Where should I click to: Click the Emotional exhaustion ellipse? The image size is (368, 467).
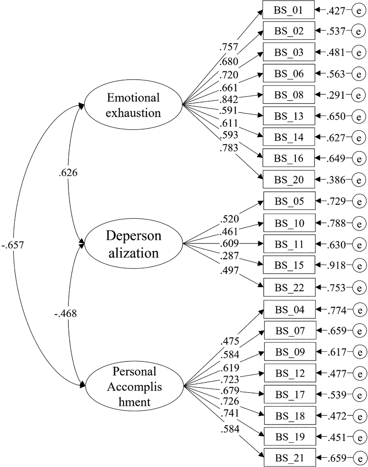pyautogui.click(x=133, y=105)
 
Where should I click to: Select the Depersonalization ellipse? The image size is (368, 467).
pyautogui.click(x=133, y=244)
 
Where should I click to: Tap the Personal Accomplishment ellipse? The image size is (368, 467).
pyautogui.click(x=134, y=386)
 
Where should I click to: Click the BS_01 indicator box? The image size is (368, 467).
pyautogui.click(x=288, y=10)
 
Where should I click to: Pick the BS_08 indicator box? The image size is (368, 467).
pyautogui.click(x=289, y=95)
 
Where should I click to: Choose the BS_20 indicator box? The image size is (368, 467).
pyautogui.click(x=289, y=180)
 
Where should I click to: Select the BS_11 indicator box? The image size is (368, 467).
pyautogui.click(x=289, y=244)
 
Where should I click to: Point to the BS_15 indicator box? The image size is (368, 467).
pyautogui.click(x=289, y=265)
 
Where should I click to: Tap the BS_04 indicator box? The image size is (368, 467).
pyautogui.click(x=289, y=310)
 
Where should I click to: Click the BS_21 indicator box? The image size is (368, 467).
pyautogui.click(x=290, y=458)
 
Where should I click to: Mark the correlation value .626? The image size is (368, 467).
pyautogui.click(x=68, y=173)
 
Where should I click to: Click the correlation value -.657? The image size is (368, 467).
pyautogui.click(x=13, y=245)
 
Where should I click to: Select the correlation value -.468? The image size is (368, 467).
pyautogui.click(x=66, y=314)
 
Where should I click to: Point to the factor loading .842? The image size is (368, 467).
pyautogui.click(x=229, y=99)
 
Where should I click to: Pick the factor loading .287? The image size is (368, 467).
pyautogui.click(x=229, y=256)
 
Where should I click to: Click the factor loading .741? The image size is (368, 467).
pyautogui.click(x=230, y=413)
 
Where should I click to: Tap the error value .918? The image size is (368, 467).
pyautogui.click(x=336, y=265)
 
